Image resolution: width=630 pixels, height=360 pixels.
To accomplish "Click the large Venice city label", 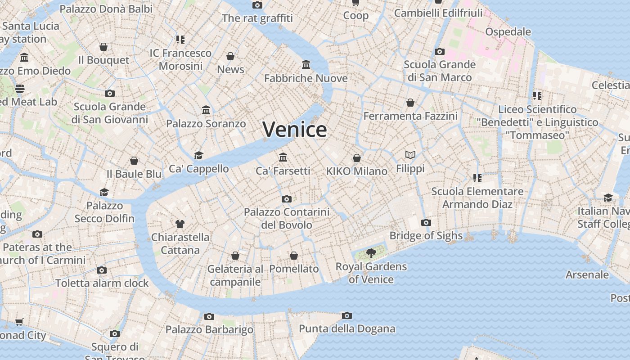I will pyautogui.click(x=295, y=130).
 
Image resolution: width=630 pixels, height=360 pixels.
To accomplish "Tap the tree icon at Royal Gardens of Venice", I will pyautogui.click(x=371, y=253).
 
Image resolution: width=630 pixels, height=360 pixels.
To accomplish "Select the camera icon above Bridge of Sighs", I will pyautogui.click(x=426, y=222).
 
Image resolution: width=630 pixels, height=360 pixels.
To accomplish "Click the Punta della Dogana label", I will pyautogui.click(x=347, y=329).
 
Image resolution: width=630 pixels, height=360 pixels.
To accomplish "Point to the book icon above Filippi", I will pyautogui.click(x=410, y=155).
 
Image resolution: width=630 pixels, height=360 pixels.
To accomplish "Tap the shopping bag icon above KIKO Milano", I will pyautogui.click(x=357, y=158).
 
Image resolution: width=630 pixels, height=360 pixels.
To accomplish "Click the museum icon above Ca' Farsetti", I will pyautogui.click(x=283, y=157).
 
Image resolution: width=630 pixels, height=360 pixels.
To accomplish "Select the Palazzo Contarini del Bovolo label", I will pyautogui.click(x=287, y=218).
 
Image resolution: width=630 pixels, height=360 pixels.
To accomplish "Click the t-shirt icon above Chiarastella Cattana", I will pyautogui.click(x=180, y=224).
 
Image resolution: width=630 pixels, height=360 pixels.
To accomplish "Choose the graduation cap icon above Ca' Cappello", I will pyautogui.click(x=198, y=155).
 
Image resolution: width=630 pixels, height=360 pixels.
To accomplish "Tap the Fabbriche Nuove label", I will pyautogui.click(x=306, y=78).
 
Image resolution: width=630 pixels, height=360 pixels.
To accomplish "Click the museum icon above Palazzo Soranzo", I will pyautogui.click(x=206, y=110).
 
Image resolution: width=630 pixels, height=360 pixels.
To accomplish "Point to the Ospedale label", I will pyautogui.click(x=508, y=32).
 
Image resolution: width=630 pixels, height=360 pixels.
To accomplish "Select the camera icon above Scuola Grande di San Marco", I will pyautogui.click(x=440, y=51).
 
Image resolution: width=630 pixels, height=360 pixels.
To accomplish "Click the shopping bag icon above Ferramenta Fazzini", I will pyautogui.click(x=410, y=103).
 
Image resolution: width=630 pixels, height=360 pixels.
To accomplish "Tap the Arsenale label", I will pyautogui.click(x=587, y=274).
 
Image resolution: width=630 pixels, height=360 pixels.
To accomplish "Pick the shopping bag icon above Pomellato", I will pyautogui.click(x=294, y=256).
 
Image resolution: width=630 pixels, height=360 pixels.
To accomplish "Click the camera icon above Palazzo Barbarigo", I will pyautogui.click(x=209, y=316).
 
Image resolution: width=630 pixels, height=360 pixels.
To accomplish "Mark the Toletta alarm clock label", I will pyautogui.click(x=102, y=283).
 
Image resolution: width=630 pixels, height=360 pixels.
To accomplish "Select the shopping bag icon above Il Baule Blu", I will pyautogui.click(x=134, y=161).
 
